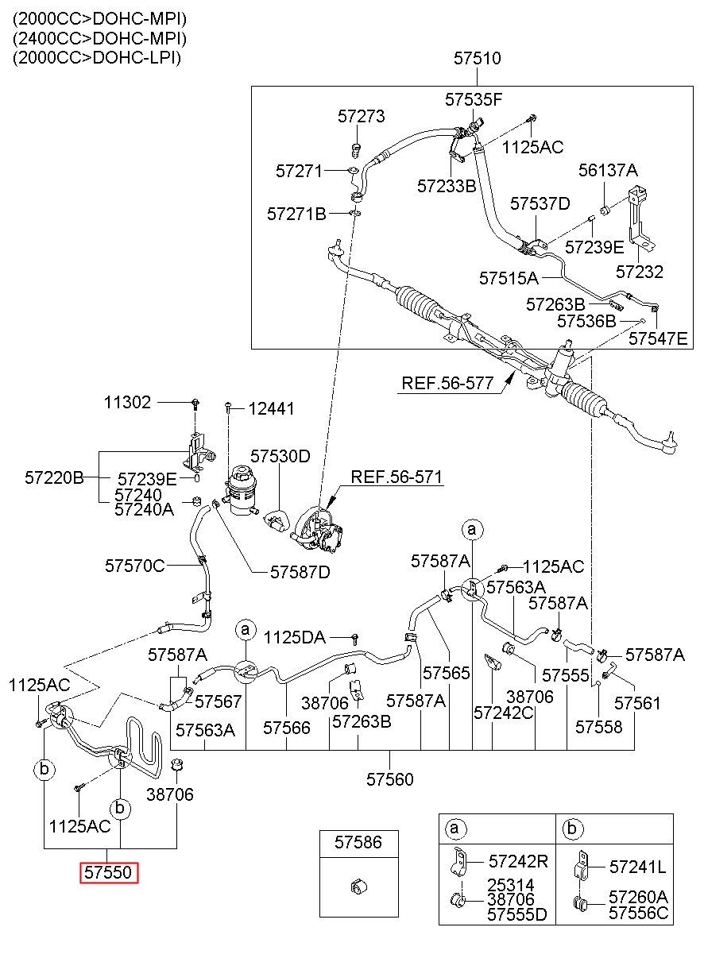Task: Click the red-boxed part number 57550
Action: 108,872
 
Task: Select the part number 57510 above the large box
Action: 478,59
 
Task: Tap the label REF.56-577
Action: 447,383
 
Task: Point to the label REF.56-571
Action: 396,477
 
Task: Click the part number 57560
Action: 389,779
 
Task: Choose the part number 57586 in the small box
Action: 358,843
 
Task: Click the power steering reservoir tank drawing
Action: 242,490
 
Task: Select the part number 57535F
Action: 474,99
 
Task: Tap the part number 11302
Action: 128,403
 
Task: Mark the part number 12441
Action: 272,409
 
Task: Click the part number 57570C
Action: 135,566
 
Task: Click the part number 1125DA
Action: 294,637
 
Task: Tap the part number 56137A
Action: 608,171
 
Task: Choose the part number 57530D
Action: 280,456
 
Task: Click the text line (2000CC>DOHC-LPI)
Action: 97,57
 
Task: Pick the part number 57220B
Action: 54,477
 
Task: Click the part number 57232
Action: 640,272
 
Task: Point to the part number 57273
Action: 362,117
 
